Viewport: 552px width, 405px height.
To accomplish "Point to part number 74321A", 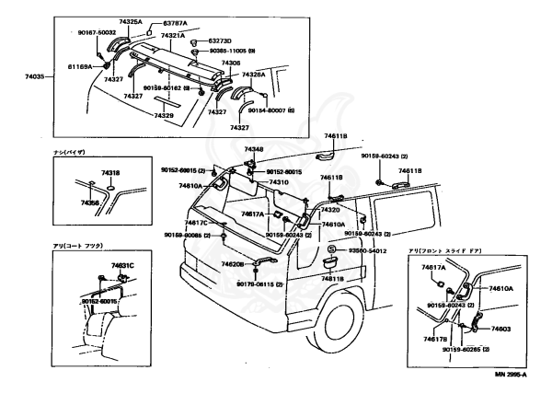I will (x=173, y=35).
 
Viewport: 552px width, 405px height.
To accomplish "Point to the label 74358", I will (x=89, y=201).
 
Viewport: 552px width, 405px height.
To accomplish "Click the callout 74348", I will (x=254, y=149).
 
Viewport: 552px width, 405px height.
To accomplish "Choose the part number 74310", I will (x=279, y=182).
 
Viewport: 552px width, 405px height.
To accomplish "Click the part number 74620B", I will (x=231, y=264).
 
